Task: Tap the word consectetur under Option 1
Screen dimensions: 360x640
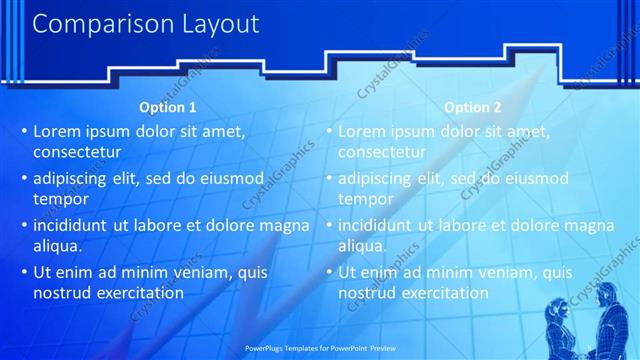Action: click(x=77, y=153)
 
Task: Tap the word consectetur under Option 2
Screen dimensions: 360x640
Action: click(x=382, y=153)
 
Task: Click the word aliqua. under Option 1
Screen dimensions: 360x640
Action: click(x=57, y=246)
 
